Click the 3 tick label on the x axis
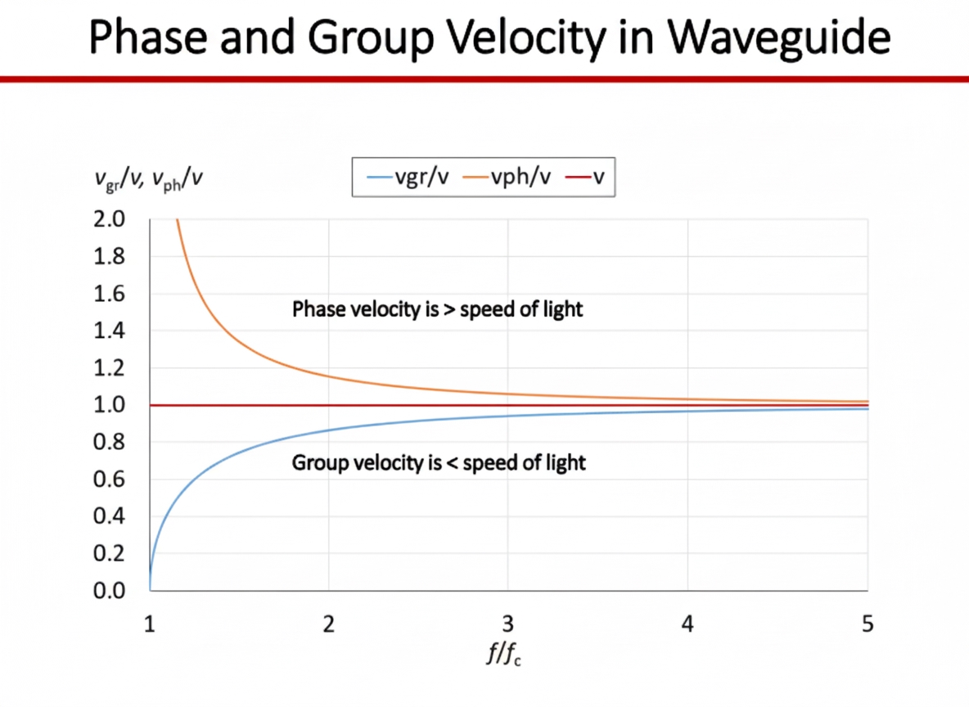[x=508, y=625]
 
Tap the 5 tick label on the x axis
[x=868, y=625]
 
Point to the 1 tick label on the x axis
[x=150, y=625]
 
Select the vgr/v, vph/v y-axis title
[x=148, y=178]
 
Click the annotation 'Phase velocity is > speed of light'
[x=437, y=310]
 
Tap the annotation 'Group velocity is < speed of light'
[x=439, y=463]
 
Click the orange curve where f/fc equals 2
[x=329, y=376]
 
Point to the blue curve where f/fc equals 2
[x=329, y=430]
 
